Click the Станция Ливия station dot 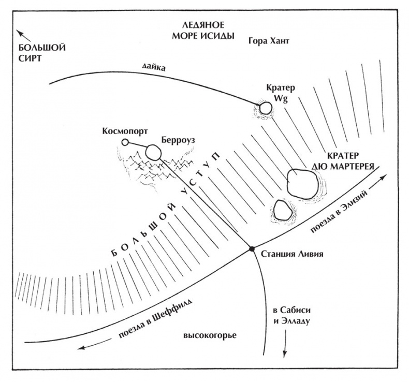[x=252, y=249]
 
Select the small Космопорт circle [x=125, y=142]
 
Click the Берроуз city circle [x=153, y=152]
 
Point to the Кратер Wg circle [x=266, y=108]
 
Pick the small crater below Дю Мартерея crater [x=281, y=210]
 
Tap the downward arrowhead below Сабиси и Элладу [x=284, y=355]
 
